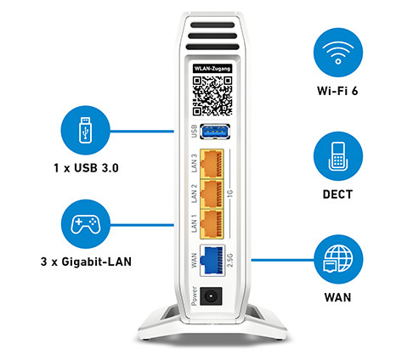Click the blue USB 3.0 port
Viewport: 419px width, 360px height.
pyautogui.click(x=215, y=132)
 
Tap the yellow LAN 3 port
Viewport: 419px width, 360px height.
pyautogui.click(x=212, y=164)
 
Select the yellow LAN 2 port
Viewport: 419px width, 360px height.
pyautogui.click(x=212, y=194)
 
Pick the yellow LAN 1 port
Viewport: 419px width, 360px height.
pyautogui.click(x=212, y=224)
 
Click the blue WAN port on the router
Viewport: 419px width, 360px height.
pyautogui.click(x=212, y=261)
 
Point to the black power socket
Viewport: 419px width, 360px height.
pyautogui.click(x=211, y=296)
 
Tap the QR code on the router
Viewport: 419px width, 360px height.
pyautogui.click(x=212, y=96)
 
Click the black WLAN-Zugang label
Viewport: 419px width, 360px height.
pyautogui.click(x=212, y=69)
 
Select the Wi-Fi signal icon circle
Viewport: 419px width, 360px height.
pyautogui.click(x=338, y=53)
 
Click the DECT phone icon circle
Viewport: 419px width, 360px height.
pyautogui.click(x=338, y=156)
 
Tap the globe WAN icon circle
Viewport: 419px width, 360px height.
pyautogui.click(x=338, y=259)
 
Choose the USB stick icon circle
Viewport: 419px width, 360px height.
pyautogui.click(x=85, y=130)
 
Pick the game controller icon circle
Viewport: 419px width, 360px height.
pyautogui.click(x=85, y=224)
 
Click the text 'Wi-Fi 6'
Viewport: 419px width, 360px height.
pyautogui.click(x=337, y=91)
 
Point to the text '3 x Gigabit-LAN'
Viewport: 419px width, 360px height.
pyautogui.click(x=86, y=262)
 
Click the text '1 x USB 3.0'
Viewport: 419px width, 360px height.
pyautogui.click(x=86, y=168)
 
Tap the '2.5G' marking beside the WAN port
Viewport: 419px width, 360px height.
pyautogui.click(x=230, y=261)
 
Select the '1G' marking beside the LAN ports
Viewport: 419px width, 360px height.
pyautogui.click(x=230, y=194)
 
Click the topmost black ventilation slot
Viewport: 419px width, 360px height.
pyautogui.click(x=212, y=25)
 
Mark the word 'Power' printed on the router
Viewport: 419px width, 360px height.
pyautogui.click(x=194, y=296)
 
